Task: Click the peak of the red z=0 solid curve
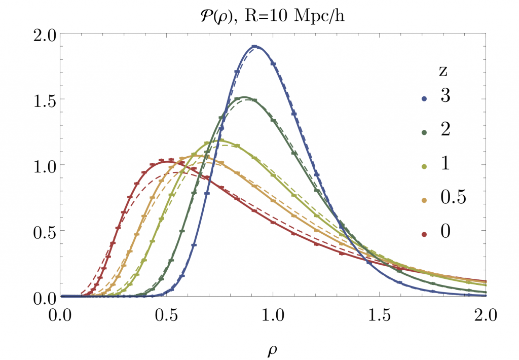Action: click(167, 161)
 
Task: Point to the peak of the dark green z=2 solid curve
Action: click(244, 97)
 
